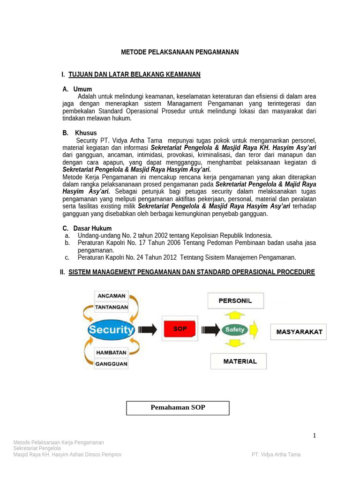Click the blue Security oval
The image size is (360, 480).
[111, 330]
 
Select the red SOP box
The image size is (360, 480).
[180, 329]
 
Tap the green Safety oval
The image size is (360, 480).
[234, 330]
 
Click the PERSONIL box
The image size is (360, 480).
[235, 301]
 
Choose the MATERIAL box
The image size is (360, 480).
[239, 361]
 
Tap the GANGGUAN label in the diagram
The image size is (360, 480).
[111, 363]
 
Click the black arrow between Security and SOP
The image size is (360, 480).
[148, 330]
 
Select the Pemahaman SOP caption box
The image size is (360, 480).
[178, 408]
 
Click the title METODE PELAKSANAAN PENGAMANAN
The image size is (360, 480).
[180, 52]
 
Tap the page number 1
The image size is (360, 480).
[315, 435]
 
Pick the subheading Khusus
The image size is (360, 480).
[86, 133]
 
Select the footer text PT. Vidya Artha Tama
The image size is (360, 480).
[276, 455]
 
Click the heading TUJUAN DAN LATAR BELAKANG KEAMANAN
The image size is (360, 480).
[134, 75]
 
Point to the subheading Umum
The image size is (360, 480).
[82, 89]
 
